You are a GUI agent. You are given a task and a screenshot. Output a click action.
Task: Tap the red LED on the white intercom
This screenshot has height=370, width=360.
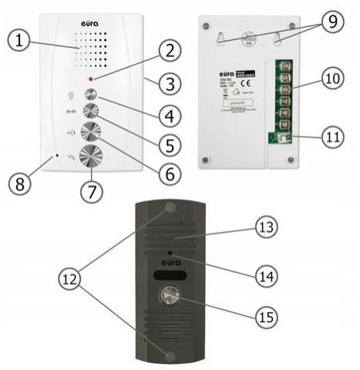pyautogui.click(x=92, y=79)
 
